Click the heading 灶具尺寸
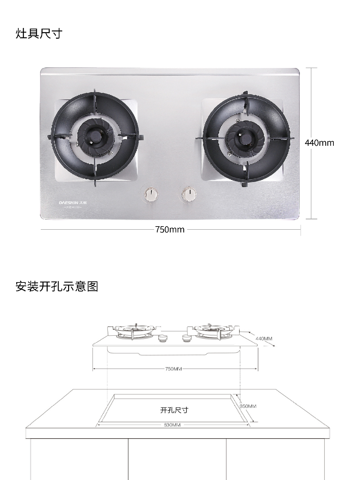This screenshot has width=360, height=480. (x=39, y=34)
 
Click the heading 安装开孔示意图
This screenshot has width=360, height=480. (x=57, y=286)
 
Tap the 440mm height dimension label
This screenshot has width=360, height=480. (x=319, y=143)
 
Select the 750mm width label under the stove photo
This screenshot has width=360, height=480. (x=170, y=229)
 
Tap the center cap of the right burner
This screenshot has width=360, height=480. (x=246, y=138)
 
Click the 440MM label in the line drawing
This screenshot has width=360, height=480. (x=264, y=338)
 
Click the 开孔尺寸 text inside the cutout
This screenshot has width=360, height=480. (x=174, y=410)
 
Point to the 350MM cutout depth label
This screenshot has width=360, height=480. (x=248, y=406)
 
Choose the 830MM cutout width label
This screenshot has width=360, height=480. (x=172, y=425)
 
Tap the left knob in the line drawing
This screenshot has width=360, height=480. (x=162, y=338)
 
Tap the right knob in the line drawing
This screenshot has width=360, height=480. (x=187, y=338)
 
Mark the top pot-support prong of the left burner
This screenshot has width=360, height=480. (x=95, y=97)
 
